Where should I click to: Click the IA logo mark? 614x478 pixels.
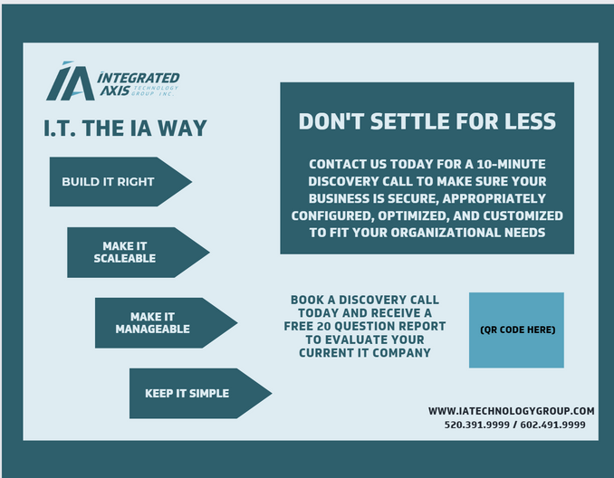point(71,81)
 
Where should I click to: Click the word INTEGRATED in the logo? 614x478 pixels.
point(139,78)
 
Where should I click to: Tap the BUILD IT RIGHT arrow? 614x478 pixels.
point(120,182)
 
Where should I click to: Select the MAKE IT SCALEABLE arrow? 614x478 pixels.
point(139,253)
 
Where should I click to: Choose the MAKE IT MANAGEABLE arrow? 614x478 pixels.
point(166,323)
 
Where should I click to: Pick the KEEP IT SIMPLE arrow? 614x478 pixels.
point(200,394)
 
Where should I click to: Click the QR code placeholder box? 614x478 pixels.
point(516,330)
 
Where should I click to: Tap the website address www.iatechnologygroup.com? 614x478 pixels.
point(511,411)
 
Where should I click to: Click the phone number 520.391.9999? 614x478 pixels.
point(477,425)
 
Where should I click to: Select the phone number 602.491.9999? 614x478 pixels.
point(553,425)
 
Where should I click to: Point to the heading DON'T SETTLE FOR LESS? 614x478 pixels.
point(427,121)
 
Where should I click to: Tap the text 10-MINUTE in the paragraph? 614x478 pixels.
point(511,164)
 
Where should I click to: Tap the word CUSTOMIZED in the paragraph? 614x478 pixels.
point(523,215)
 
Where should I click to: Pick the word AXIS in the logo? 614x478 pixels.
point(115,91)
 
